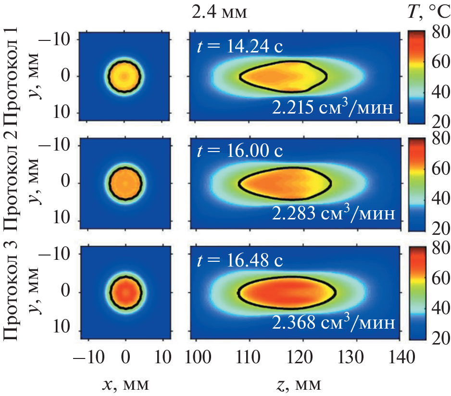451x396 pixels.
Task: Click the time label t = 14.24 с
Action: (240, 46)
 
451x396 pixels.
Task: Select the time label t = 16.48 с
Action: (240, 260)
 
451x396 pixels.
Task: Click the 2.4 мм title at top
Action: (219, 13)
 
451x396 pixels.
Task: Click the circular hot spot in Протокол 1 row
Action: (125, 76)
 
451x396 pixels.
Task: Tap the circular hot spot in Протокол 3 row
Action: (125, 292)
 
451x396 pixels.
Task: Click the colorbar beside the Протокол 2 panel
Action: (416, 183)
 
